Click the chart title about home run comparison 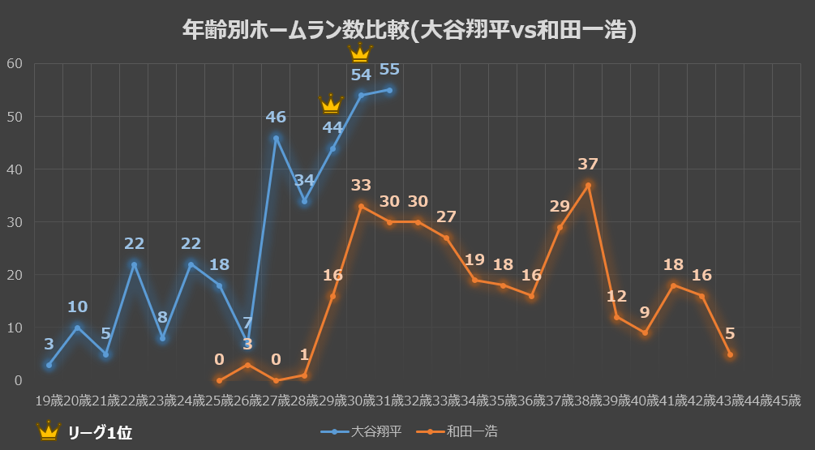[x=408, y=31]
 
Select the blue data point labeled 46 [x=276, y=138]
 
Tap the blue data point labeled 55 [x=389, y=90]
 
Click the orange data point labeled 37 [x=588, y=186]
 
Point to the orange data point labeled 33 [x=361, y=206]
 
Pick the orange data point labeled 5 [x=730, y=354]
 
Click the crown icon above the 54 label [x=359, y=54]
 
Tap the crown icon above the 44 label [x=331, y=105]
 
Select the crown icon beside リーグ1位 [x=49, y=431]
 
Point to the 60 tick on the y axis [x=15, y=64]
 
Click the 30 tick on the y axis [x=15, y=222]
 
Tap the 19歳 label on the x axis [x=49, y=401]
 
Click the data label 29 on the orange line [x=560, y=206]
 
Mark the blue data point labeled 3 [x=49, y=365]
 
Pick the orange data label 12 [x=616, y=297]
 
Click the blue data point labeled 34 [x=304, y=201]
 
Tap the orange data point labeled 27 [x=446, y=238]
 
